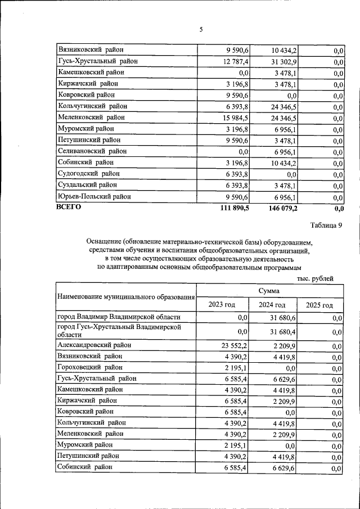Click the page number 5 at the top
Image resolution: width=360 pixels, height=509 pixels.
(x=200, y=30)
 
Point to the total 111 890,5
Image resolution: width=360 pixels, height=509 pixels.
(x=232, y=208)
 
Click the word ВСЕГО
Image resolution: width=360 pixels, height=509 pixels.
(x=69, y=207)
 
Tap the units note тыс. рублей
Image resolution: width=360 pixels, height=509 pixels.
(x=316, y=278)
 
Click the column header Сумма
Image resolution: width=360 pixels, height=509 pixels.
(x=269, y=291)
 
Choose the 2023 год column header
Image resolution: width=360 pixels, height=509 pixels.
(x=222, y=304)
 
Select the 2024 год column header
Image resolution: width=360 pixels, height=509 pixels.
(x=271, y=304)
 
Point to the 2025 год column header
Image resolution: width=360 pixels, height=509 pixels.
(x=319, y=304)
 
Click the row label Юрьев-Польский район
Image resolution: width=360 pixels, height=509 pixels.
(x=94, y=196)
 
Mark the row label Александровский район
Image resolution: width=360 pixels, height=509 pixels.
(x=94, y=345)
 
